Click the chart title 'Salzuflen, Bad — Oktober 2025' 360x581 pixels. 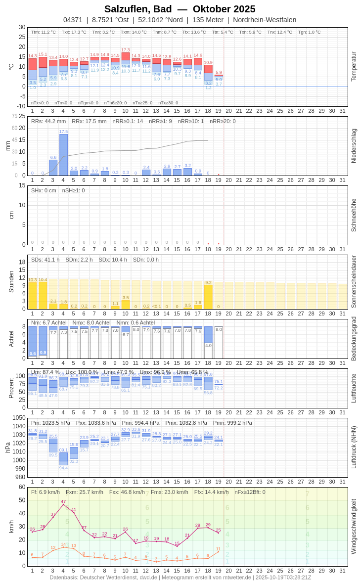click(x=180, y=9)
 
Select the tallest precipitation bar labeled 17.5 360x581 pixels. click(x=63, y=155)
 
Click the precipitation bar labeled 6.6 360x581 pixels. click(x=53, y=168)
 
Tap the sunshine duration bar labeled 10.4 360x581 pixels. click(x=43, y=295)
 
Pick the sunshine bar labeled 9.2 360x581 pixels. click(x=208, y=297)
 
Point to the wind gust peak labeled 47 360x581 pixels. click(x=63, y=504)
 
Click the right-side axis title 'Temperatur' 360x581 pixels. click(x=354, y=66)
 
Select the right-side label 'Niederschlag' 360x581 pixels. click(x=354, y=146)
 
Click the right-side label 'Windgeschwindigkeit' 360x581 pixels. click(x=354, y=526)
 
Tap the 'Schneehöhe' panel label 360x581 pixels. click(x=354, y=215)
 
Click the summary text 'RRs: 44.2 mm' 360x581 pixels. click(x=48, y=121)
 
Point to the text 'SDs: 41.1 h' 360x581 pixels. click(x=45, y=260)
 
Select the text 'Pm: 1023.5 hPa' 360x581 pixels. click(x=50, y=423)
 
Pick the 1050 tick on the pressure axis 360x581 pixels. click(x=19, y=418)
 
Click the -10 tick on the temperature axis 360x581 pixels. click(x=21, y=106)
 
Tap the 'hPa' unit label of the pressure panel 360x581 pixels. click(x=8, y=447)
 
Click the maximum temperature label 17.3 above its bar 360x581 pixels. click(x=126, y=50)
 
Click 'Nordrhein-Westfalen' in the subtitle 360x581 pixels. click(x=265, y=20)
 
